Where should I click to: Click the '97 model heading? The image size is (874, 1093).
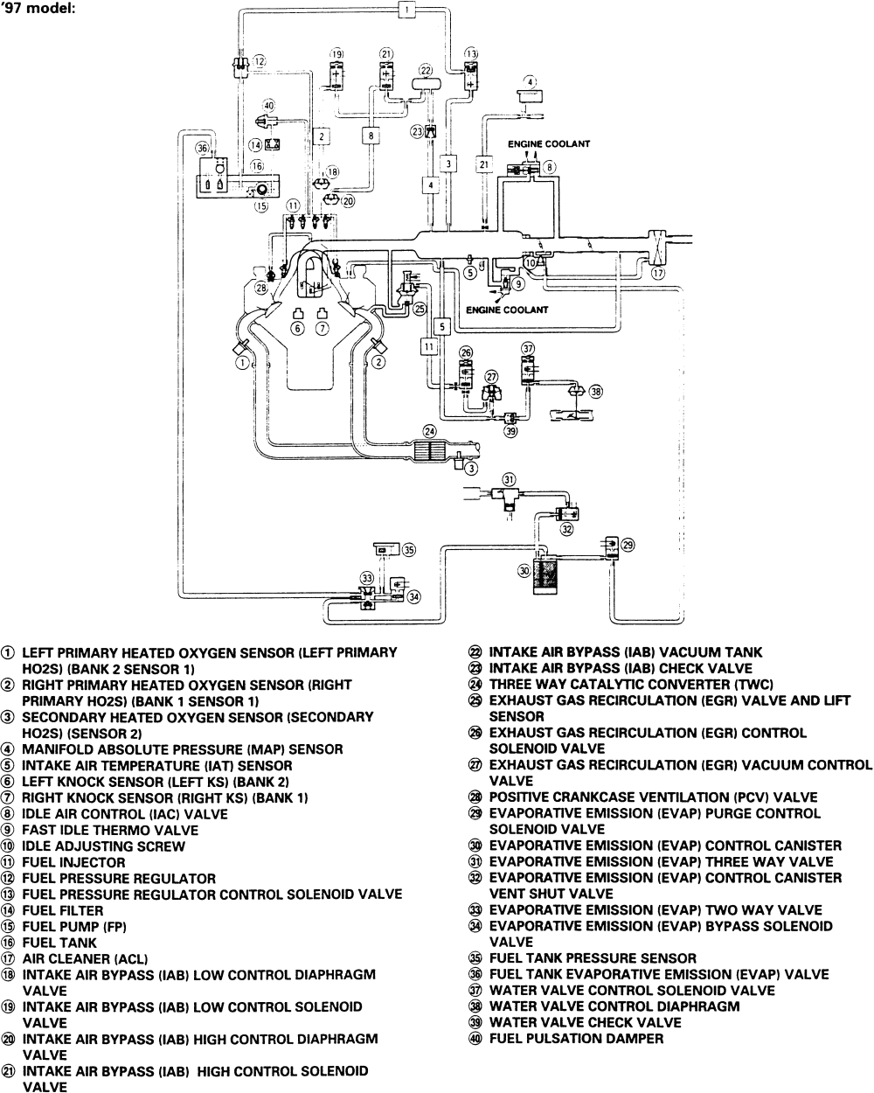coord(39,9)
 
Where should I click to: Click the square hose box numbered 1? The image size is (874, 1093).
coord(406,9)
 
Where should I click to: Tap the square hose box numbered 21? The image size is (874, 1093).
coord(484,164)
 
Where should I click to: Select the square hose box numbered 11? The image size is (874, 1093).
coord(429,347)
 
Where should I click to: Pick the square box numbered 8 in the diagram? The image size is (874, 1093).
coord(371,136)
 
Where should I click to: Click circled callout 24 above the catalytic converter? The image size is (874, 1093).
coord(430,432)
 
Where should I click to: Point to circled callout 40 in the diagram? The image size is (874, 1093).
coord(268,106)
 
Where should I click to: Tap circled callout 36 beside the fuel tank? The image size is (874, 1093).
coord(203,149)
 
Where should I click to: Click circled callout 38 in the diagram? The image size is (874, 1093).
coord(596,392)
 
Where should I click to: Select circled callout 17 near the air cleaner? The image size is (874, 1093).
coord(658,273)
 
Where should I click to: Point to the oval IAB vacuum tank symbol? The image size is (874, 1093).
coord(426,83)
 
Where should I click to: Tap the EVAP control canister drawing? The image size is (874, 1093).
coord(545,575)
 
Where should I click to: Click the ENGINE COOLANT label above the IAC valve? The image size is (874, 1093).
coord(549,144)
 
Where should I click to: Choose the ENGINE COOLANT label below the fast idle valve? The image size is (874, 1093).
coord(507,310)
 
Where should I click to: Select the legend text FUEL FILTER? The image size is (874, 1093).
coord(62,910)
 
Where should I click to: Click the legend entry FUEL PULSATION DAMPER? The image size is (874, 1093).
coord(577,1039)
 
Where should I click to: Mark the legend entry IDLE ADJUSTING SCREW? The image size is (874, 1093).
coord(104,846)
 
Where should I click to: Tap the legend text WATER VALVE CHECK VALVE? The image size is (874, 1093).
coord(585,1022)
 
